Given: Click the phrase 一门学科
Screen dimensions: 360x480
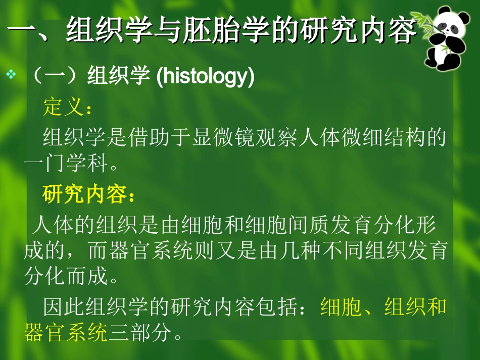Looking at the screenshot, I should click(x=65, y=164).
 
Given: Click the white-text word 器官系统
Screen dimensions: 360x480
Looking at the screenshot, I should click(x=153, y=250).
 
